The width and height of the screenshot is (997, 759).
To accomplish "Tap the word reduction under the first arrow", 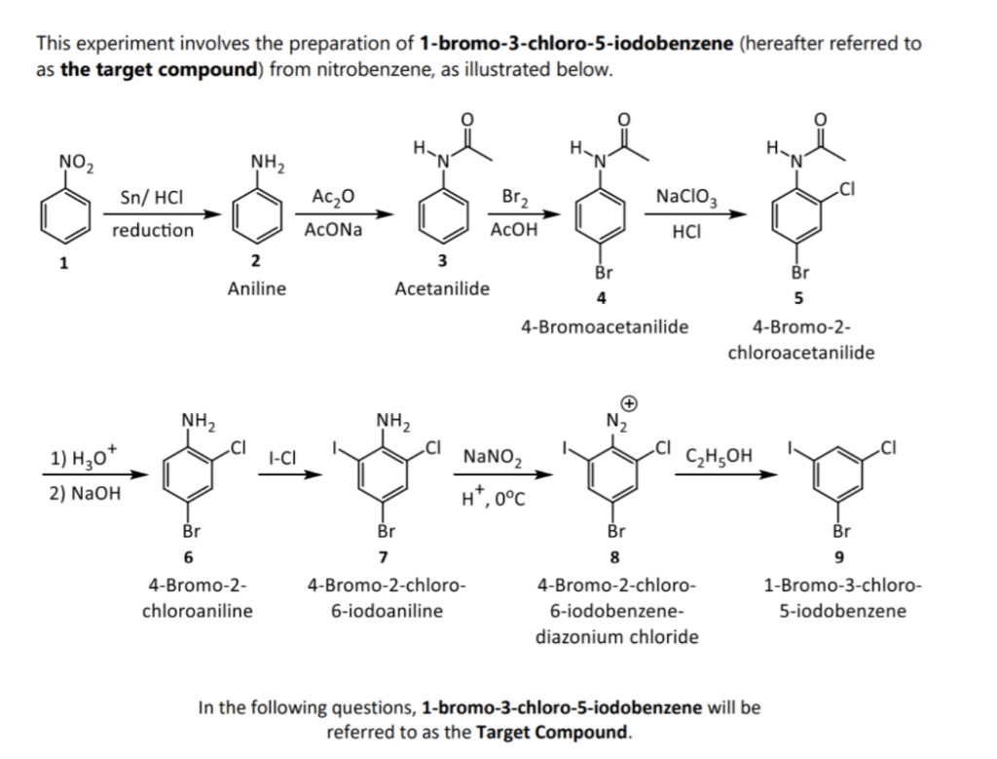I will pyautogui.click(x=152, y=231).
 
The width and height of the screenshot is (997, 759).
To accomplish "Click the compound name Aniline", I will pyautogui.click(x=256, y=289).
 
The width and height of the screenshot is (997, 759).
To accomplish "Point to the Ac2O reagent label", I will pyautogui.click(x=333, y=197).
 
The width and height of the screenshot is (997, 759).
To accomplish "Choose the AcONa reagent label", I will pyautogui.click(x=333, y=231).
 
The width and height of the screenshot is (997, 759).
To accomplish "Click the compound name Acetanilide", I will pyautogui.click(x=442, y=289).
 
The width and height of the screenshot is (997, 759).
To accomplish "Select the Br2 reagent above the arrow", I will pyautogui.click(x=513, y=197).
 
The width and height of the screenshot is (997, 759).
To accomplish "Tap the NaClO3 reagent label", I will pyautogui.click(x=686, y=197).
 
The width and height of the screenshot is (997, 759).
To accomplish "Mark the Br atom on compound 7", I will pyautogui.click(x=387, y=532).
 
